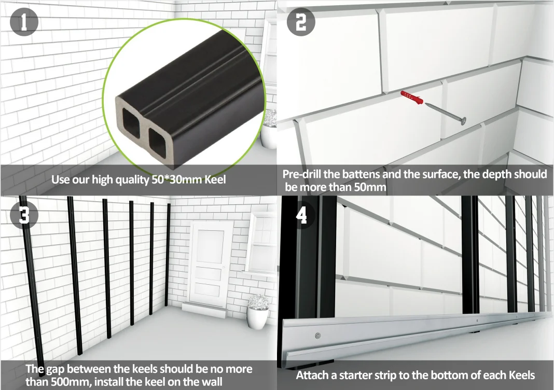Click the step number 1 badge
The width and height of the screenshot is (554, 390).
click(24, 21)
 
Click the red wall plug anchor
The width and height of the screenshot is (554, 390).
click(412, 97)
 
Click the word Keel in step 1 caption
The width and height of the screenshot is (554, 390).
click(215, 179)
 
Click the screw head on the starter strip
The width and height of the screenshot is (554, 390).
click(317, 335)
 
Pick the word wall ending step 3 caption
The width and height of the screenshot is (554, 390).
click(212, 382)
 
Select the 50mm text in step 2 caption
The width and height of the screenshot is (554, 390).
click(370, 187)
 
